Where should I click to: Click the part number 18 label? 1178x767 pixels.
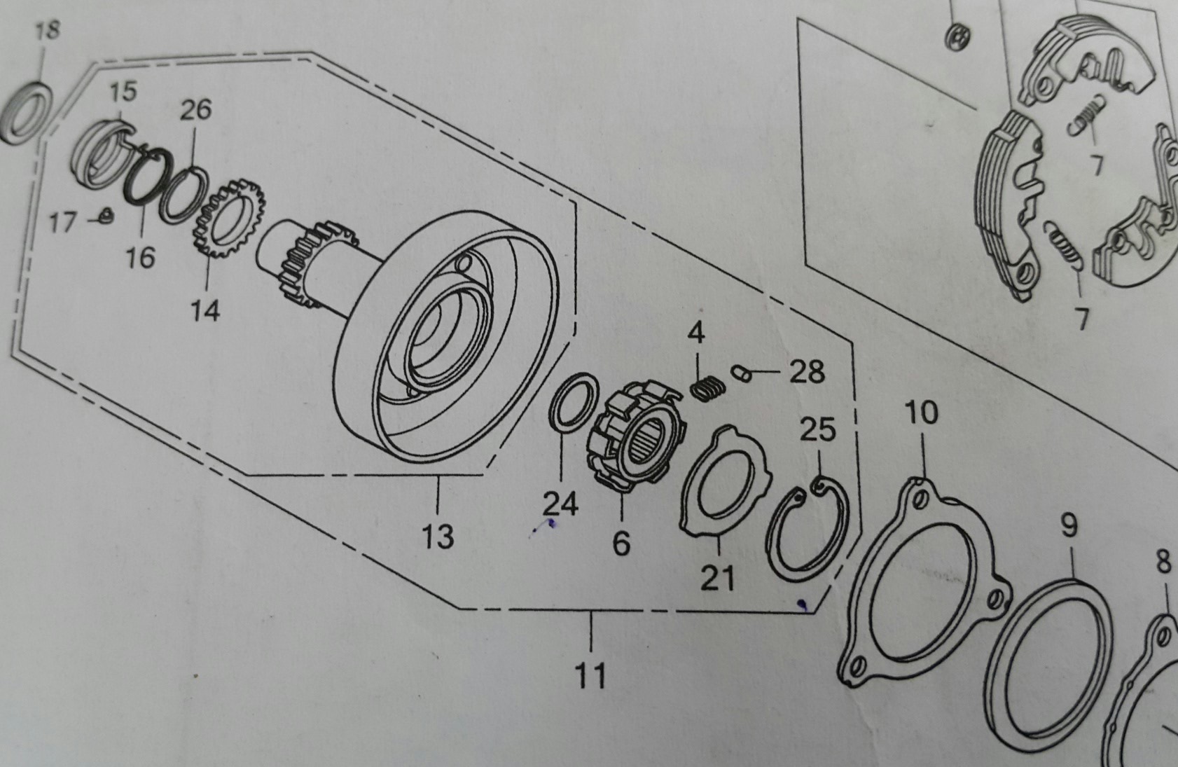pos(48,32)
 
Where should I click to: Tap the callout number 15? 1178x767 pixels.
pos(123,92)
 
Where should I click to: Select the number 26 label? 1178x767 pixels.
pos(195,110)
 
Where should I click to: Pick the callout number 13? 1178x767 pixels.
pos(438,537)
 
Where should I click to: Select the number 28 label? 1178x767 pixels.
pos(807,372)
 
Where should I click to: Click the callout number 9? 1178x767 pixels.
pos(1069,526)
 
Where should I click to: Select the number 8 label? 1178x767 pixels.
pos(1163,562)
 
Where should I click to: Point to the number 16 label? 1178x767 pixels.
pos(141,257)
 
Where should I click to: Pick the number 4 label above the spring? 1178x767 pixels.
pos(695,333)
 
